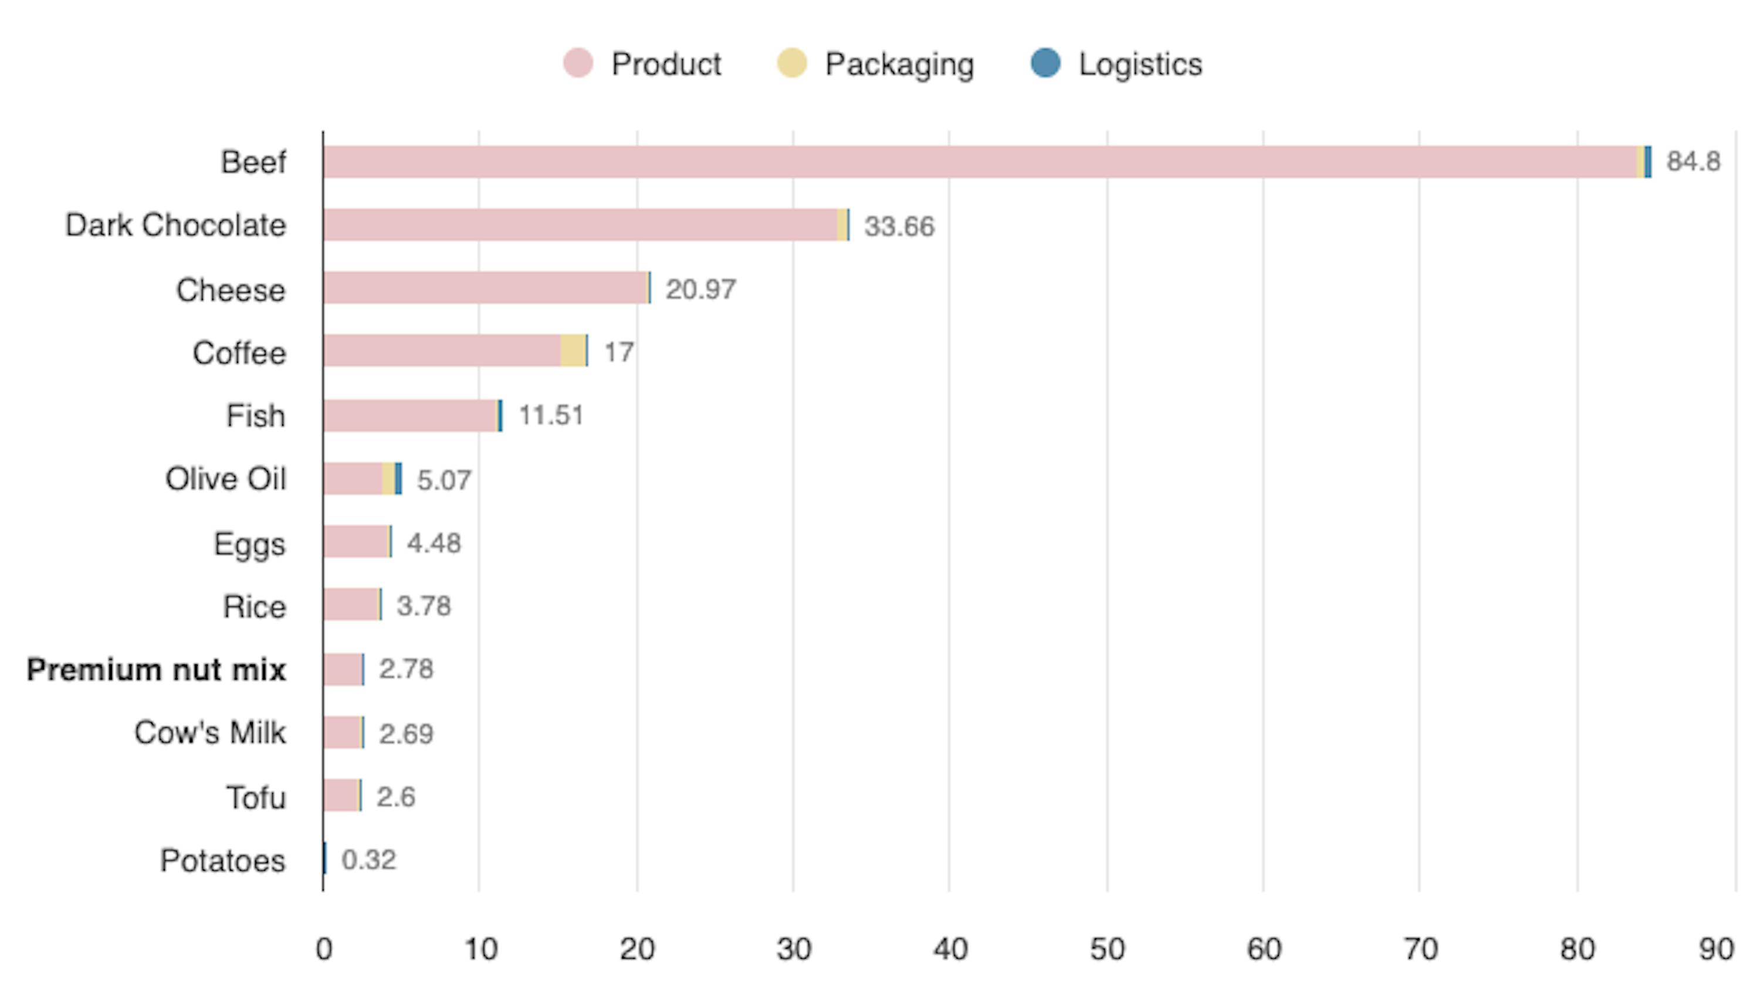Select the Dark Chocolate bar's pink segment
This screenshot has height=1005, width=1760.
coord(580,225)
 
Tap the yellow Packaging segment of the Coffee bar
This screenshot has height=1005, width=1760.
coord(573,351)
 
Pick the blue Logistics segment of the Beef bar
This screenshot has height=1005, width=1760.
coord(1647,162)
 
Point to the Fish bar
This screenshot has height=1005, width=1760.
coord(410,416)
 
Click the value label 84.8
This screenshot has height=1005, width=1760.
coord(1693,161)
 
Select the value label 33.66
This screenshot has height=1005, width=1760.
coord(899,226)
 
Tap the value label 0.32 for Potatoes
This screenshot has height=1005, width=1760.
coord(368,860)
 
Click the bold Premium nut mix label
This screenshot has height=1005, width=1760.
coord(156,670)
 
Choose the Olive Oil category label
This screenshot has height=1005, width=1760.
coord(225,479)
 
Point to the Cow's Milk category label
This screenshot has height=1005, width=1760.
coord(210,733)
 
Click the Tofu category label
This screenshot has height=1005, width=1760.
coord(255,798)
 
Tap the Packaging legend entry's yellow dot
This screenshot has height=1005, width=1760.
coord(791,63)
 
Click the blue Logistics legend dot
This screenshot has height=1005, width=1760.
coord(1045,63)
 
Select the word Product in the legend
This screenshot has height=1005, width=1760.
coord(666,64)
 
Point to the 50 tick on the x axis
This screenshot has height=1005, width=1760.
coord(1107,950)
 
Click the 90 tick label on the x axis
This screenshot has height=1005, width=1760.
coord(1717,950)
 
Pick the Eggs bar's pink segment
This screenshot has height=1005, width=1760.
coord(356,542)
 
